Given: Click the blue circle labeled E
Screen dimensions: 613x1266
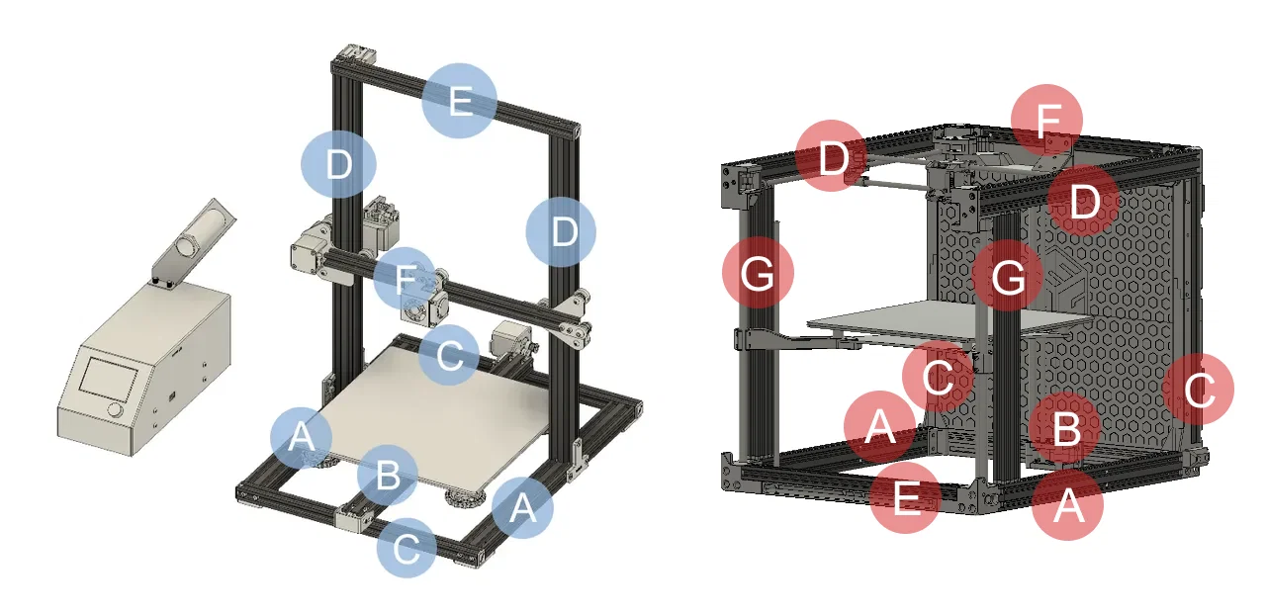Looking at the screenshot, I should tap(459, 100).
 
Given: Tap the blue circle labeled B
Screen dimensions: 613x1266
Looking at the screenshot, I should tap(388, 476).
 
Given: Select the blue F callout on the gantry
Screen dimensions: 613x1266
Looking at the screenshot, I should tap(405, 279).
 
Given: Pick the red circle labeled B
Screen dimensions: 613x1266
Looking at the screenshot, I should tap(1064, 430).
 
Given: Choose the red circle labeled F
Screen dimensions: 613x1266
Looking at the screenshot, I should tap(1046, 120).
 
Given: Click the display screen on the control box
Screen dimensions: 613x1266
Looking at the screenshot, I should tap(109, 379).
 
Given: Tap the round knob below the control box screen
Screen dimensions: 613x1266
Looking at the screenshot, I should tap(116, 409).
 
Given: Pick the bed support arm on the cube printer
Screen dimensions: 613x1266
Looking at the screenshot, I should tap(791, 339).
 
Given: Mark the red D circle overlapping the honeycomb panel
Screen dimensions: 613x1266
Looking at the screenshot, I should tap(1083, 202).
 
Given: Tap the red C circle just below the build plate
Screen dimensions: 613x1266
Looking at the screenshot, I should tap(938, 376).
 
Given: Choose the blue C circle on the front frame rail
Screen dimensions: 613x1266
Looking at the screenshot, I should tap(406, 547).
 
